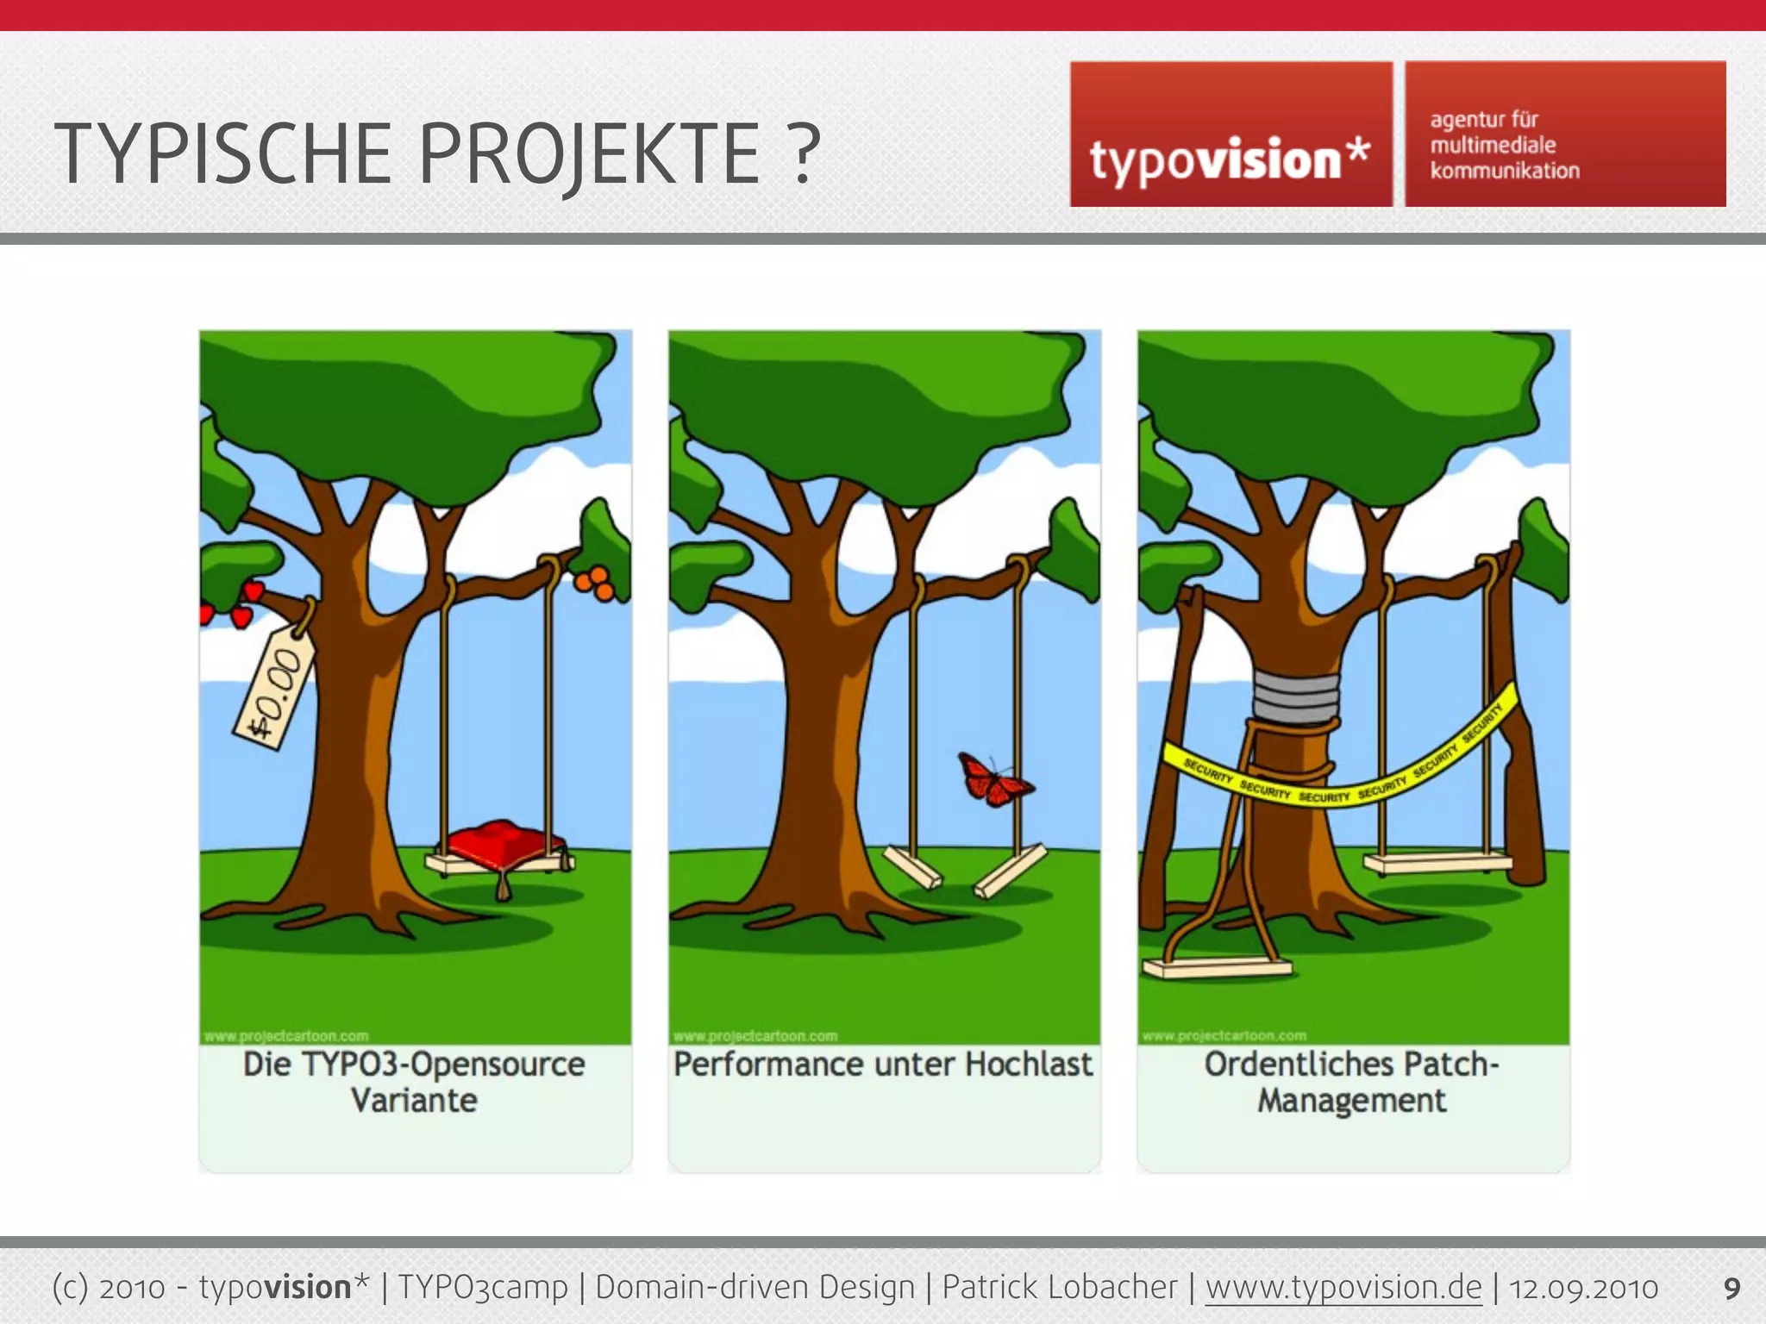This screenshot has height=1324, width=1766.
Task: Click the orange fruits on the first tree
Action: [595, 584]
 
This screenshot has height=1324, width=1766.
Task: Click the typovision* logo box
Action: [1231, 134]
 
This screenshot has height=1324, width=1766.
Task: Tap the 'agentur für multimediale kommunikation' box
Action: [1565, 134]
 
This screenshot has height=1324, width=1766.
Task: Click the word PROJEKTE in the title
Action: [590, 155]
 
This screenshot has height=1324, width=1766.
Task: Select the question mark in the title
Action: [804, 155]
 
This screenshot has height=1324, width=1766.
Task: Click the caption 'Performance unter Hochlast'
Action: [883, 1065]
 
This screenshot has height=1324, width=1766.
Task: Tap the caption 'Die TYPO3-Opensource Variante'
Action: [414, 1082]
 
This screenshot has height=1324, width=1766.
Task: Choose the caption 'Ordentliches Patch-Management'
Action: [1352, 1082]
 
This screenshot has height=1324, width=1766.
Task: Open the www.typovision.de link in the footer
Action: [1343, 1288]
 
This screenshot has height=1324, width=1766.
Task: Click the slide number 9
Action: [1732, 1289]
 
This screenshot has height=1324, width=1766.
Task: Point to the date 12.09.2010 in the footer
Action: [1583, 1288]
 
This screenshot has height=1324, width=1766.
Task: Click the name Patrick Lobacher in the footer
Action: [1059, 1288]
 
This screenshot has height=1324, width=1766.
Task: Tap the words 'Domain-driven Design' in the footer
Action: [755, 1288]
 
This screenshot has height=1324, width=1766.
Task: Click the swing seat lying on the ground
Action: [1216, 967]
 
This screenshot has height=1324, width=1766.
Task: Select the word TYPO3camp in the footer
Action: [483, 1288]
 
